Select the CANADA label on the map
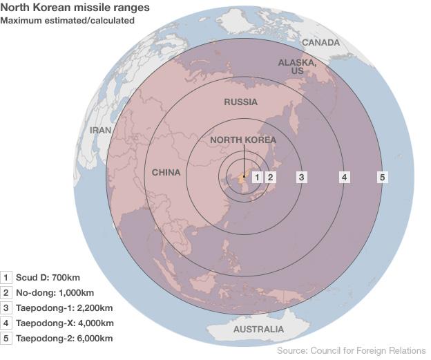[321, 43]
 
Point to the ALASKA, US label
[297, 66]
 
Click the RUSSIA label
[240, 102]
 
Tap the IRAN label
[101, 130]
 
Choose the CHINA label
[166, 173]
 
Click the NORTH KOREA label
[242, 140]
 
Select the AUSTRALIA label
[258, 330]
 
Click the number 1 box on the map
[258, 177]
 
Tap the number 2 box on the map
[271, 177]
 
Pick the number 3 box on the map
[302, 177]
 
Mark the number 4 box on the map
[343, 177]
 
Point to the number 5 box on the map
[381, 177]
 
